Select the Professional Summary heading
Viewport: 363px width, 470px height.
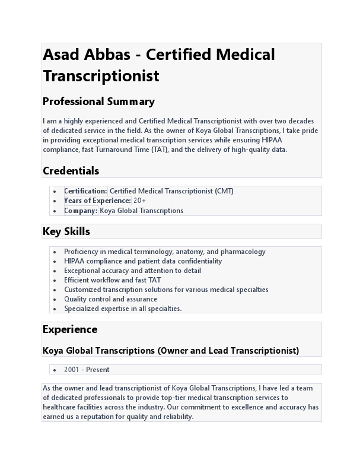click(x=98, y=101)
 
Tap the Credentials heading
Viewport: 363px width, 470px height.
click(x=71, y=171)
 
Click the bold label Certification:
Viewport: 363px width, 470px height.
click(x=85, y=191)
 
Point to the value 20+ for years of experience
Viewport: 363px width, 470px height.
click(x=139, y=201)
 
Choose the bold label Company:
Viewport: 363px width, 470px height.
click(x=81, y=210)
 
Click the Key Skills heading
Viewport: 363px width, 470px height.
click(x=66, y=231)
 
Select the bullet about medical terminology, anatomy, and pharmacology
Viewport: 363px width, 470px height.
click(x=164, y=252)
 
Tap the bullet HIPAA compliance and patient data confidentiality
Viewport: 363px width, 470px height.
click(x=143, y=261)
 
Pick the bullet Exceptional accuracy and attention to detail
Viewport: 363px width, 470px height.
click(x=132, y=271)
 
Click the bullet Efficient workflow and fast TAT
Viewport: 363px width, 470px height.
click(x=112, y=280)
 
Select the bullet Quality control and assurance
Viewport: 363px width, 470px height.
click(x=110, y=299)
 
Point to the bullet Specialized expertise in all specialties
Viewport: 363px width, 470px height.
click(x=123, y=309)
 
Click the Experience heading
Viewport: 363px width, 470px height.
click(x=70, y=329)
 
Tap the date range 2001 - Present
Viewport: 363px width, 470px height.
click(x=87, y=370)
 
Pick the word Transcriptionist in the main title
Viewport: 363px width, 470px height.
click(x=101, y=77)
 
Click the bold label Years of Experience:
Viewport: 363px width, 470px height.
click(x=97, y=201)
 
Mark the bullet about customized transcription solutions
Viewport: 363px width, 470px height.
click(x=166, y=290)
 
